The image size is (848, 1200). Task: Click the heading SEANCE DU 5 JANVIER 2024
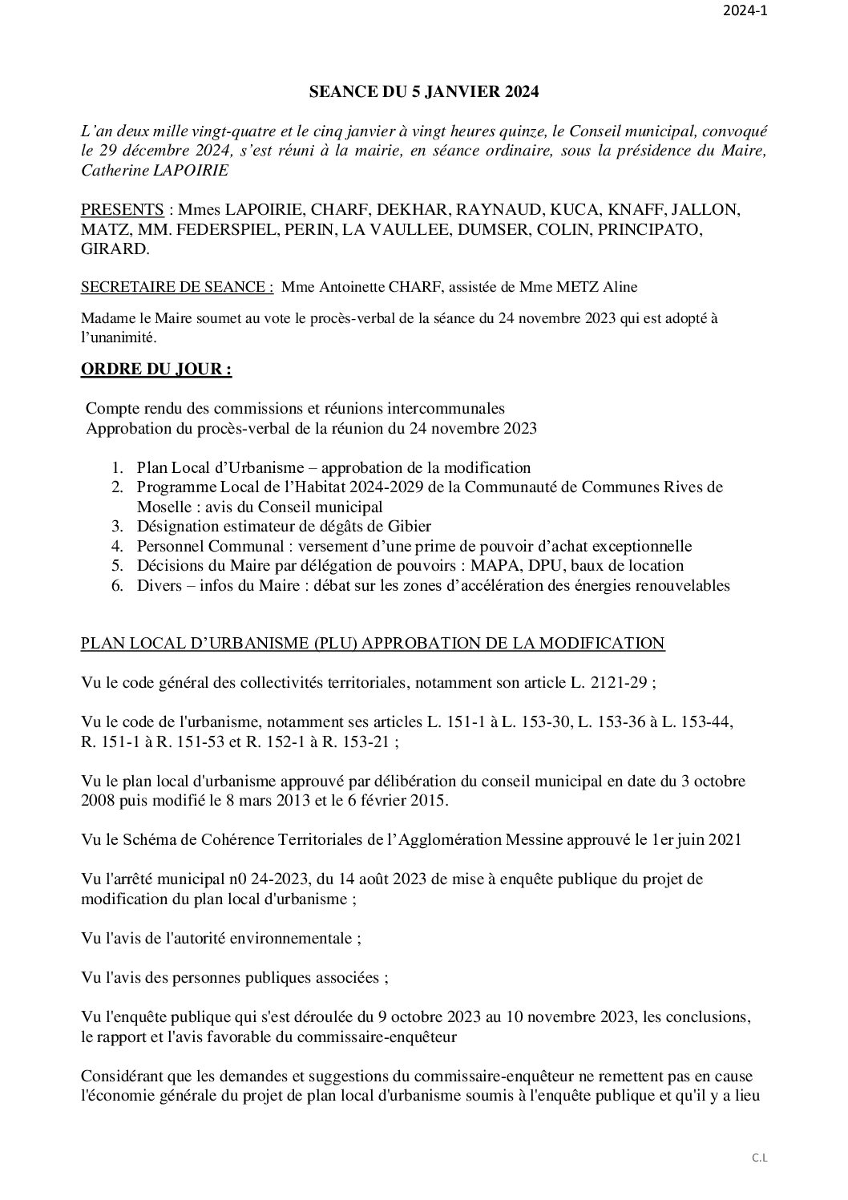point(424,92)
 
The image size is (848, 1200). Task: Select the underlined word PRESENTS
point(123,210)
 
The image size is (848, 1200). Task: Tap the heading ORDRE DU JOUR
point(156,370)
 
